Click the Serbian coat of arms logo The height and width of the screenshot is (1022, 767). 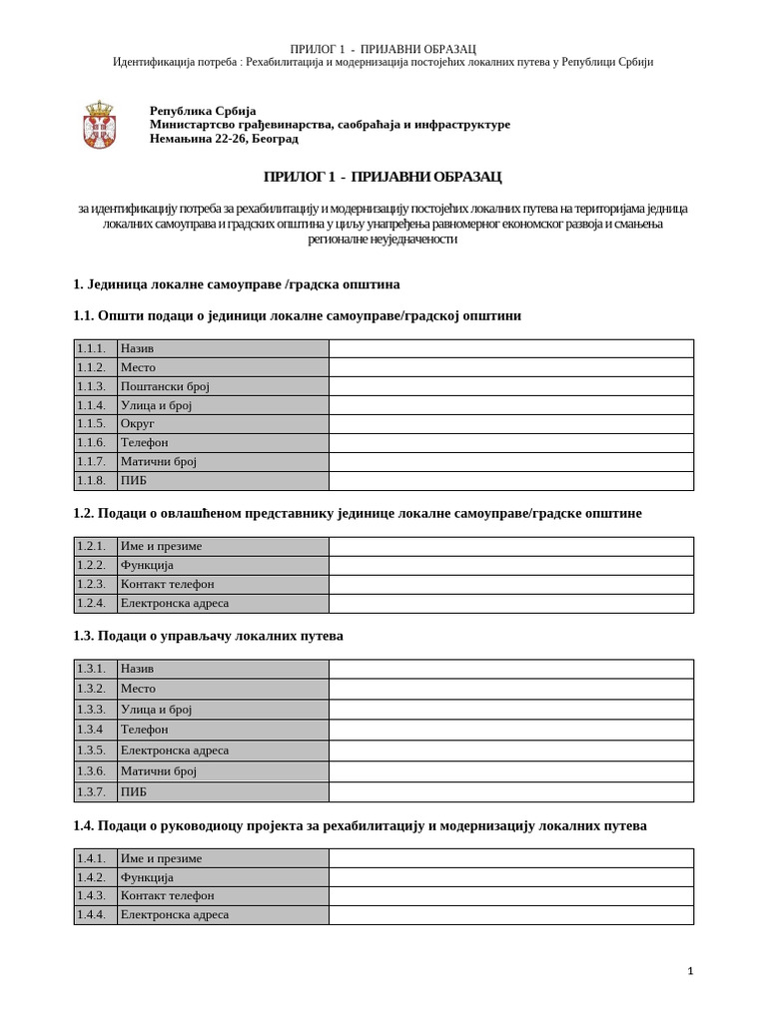[x=99, y=125]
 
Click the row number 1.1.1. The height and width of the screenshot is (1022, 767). [x=91, y=348]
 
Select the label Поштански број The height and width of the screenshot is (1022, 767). [x=165, y=386]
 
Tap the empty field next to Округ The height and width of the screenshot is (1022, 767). [x=510, y=423]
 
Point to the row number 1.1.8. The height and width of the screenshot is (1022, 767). [x=91, y=480]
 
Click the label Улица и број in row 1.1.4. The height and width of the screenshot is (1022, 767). [x=156, y=405]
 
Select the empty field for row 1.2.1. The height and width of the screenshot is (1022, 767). [x=510, y=546]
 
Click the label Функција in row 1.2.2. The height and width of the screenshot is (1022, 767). [x=147, y=565]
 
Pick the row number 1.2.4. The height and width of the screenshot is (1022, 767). [x=91, y=603]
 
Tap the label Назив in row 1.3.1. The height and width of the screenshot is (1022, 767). [x=137, y=668]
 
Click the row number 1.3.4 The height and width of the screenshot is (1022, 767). [x=90, y=730]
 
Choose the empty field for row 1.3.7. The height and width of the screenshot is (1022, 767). [x=510, y=791]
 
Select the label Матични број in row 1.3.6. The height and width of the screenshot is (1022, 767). [x=159, y=770]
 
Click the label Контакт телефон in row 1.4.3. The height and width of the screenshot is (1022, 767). [x=167, y=895]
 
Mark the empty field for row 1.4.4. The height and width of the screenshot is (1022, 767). [x=510, y=914]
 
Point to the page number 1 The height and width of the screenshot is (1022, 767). [x=690, y=971]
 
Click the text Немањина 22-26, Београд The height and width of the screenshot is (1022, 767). [x=224, y=139]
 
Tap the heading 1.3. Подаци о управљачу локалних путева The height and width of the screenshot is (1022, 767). [x=208, y=636]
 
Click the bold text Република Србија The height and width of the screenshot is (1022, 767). [x=203, y=111]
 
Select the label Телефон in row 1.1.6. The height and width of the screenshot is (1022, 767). [x=144, y=442]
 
